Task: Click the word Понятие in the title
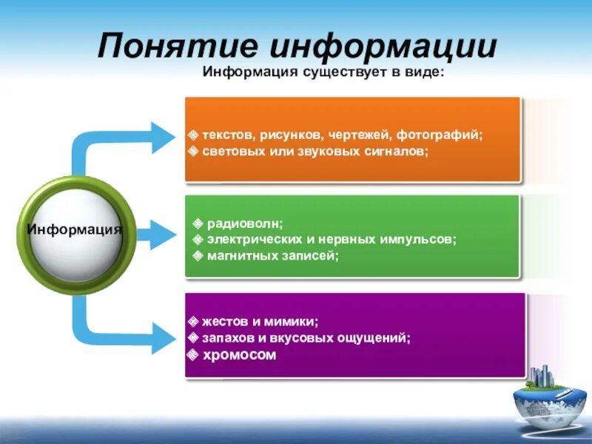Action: pos(177,47)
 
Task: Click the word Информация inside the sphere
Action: pos(74,229)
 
